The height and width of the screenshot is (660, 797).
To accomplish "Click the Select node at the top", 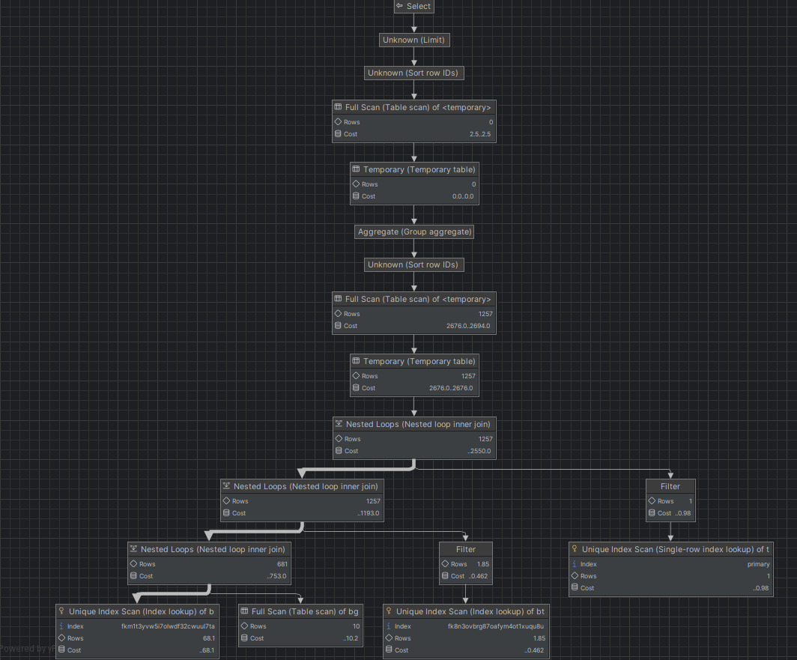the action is (x=413, y=6).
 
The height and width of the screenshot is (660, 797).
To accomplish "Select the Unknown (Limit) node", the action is (x=415, y=40).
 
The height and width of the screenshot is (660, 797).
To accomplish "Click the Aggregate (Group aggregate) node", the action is (x=414, y=231).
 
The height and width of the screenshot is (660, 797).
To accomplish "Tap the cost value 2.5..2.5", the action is (x=479, y=134).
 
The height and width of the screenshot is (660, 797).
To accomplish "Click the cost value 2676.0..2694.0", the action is (x=468, y=326).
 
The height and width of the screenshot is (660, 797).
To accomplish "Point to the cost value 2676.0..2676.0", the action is (x=450, y=388).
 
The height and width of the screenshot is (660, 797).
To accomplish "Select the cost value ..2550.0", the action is (x=479, y=451).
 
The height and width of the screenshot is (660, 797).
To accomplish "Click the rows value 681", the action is (x=282, y=564).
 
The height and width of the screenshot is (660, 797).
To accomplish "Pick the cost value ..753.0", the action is (x=276, y=576).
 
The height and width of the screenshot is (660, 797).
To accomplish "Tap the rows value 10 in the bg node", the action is (x=356, y=626).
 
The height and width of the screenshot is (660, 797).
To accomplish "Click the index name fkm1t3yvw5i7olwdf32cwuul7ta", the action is (x=168, y=626).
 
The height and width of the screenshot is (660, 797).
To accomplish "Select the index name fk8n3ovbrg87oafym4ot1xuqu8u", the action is (x=496, y=626).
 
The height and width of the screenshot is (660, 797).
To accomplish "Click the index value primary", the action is (x=758, y=564).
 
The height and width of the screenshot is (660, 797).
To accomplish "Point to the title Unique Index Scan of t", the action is (x=675, y=549).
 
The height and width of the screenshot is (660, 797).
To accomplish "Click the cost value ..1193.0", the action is (x=369, y=513).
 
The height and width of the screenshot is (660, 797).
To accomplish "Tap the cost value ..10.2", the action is (x=351, y=638).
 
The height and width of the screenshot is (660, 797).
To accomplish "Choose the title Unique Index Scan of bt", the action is (x=470, y=611).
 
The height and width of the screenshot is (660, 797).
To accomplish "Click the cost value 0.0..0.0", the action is (x=463, y=196).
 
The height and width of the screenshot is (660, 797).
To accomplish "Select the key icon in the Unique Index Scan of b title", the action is (x=62, y=611).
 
